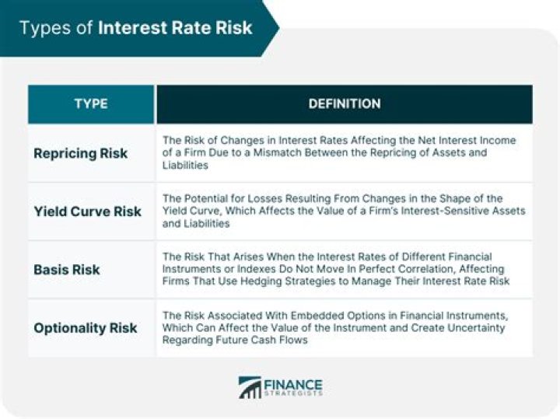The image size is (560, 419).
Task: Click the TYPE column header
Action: pyautogui.click(x=91, y=104)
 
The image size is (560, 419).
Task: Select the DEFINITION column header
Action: pyautogui.click(x=344, y=104)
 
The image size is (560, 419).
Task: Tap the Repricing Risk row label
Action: pyautogui.click(x=80, y=153)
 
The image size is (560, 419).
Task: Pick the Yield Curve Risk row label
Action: pyautogui.click(x=87, y=211)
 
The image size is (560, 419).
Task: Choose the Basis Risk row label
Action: pyautogui.click(x=67, y=270)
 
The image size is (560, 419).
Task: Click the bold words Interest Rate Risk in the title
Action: pyautogui.click(x=175, y=28)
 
